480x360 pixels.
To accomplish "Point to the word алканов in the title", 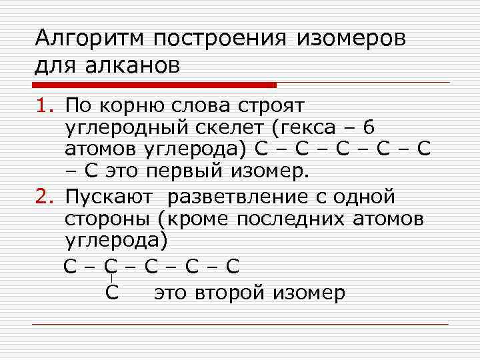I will pos(133,65).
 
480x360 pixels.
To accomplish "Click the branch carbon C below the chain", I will pos(112,293).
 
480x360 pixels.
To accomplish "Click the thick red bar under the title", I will pos(154,85).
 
